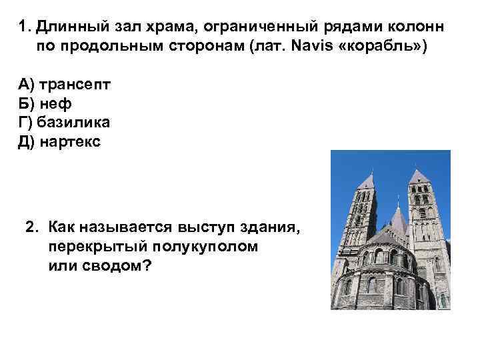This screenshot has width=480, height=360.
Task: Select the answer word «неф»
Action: (55, 104)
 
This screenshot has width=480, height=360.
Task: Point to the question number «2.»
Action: (34, 228)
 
